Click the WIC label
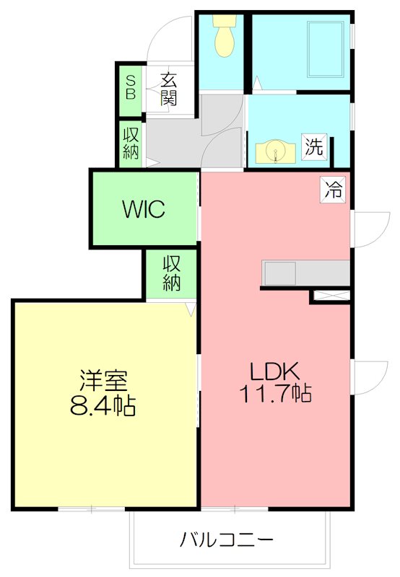(144, 210)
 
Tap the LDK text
(274, 373)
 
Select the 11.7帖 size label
(274, 395)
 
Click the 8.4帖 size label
(103, 406)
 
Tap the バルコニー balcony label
(227, 539)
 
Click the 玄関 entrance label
(169, 89)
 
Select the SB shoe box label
(131, 89)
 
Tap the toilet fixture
(225, 38)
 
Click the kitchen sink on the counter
(280, 274)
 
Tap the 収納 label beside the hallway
(131, 143)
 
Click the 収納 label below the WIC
(171, 273)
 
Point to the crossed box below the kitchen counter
(331, 295)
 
